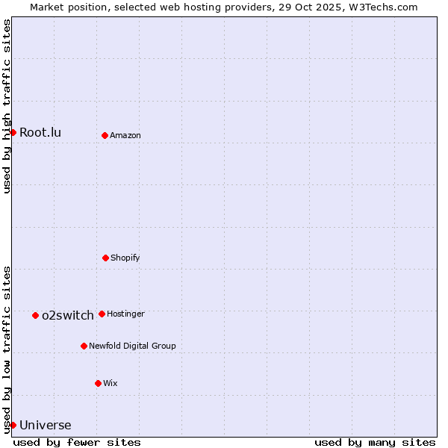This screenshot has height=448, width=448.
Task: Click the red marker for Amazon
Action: pos(105,135)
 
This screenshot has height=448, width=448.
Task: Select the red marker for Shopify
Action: pos(105,258)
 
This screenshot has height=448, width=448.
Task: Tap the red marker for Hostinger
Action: pos(102,314)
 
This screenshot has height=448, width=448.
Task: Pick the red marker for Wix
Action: pos(98,383)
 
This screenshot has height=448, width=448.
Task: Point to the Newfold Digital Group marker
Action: pos(84,346)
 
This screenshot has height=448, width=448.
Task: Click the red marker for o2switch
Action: pos(35,315)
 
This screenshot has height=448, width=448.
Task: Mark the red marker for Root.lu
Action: pos(13,132)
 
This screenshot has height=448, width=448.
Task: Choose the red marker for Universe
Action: pos(13,425)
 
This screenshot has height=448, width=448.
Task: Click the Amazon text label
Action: pos(125,136)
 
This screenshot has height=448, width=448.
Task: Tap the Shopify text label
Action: pos(125,258)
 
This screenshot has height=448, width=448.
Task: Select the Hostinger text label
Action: pos(125,314)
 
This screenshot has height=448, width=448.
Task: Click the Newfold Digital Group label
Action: pos(132,346)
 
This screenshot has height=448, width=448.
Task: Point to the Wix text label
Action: pos(111,384)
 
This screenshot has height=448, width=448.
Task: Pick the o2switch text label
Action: pos(68,316)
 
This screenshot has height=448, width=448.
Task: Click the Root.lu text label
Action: pos(40,133)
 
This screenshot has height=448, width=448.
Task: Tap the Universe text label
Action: pos(46,426)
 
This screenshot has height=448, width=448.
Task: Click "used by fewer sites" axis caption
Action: pos(77,442)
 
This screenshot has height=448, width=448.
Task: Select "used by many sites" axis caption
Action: pos(375,442)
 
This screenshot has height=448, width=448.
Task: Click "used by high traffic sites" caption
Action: pos(7,106)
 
